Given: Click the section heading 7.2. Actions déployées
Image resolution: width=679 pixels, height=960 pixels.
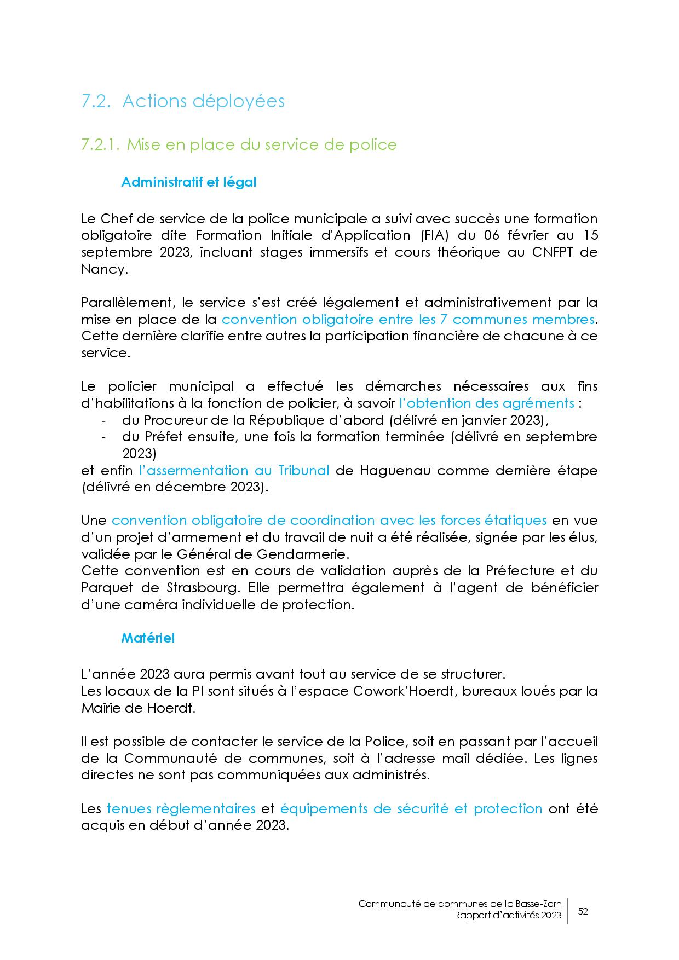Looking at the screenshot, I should [x=183, y=102].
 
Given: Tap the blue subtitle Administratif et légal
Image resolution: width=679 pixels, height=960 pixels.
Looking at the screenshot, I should [x=188, y=182].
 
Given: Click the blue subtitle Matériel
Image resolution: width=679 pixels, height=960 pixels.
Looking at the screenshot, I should [x=148, y=638].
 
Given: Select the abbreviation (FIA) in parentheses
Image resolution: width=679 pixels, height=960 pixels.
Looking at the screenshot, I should [x=436, y=235].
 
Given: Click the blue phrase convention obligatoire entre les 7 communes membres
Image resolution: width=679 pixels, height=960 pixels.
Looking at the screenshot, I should [x=407, y=320].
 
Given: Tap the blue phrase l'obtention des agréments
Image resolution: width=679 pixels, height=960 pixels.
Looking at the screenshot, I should [x=486, y=403].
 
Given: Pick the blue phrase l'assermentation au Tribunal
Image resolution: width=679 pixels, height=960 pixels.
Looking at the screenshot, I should [x=234, y=471].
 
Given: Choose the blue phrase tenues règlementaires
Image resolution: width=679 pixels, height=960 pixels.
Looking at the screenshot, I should [x=181, y=809].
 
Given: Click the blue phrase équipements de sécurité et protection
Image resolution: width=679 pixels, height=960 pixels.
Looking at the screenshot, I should [x=411, y=809].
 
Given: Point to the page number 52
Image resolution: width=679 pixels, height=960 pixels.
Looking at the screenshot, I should [x=583, y=912].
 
